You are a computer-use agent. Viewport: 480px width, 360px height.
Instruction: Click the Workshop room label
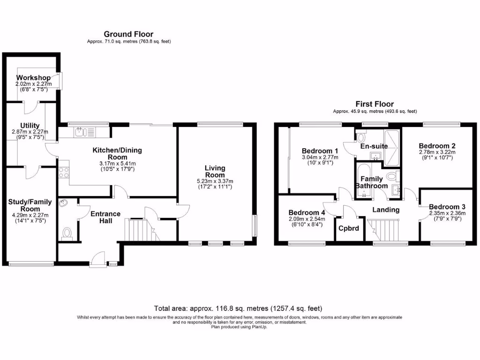(33, 78)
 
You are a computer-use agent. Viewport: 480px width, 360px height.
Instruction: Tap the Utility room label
(30, 126)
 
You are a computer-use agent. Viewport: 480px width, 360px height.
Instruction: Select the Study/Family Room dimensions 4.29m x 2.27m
(30, 215)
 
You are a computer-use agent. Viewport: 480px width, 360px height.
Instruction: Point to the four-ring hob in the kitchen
(64, 172)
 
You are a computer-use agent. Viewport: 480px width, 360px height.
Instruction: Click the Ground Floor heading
(128, 34)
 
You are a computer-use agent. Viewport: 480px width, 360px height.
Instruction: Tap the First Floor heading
(375, 104)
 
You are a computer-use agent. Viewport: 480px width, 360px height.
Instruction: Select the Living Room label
(215, 172)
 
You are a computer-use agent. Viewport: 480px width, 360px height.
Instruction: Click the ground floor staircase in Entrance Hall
(142, 230)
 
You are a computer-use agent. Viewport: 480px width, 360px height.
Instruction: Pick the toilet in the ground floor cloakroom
(67, 233)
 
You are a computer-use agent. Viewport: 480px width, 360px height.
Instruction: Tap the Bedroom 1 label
(320, 151)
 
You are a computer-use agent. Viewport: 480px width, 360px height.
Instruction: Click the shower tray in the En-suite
(392, 148)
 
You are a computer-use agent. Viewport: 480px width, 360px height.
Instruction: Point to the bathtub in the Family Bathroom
(364, 180)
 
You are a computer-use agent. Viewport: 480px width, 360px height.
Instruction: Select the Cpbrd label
(349, 228)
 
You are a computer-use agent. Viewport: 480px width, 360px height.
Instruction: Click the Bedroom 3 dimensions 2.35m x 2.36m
(447, 213)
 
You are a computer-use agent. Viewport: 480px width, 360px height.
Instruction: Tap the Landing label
(386, 210)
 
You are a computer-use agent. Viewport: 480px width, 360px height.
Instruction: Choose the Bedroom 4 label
(307, 212)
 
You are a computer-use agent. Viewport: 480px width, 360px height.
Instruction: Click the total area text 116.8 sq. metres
(229, 308)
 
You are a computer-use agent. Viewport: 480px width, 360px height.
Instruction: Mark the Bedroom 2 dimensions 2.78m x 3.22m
(437, 152)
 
